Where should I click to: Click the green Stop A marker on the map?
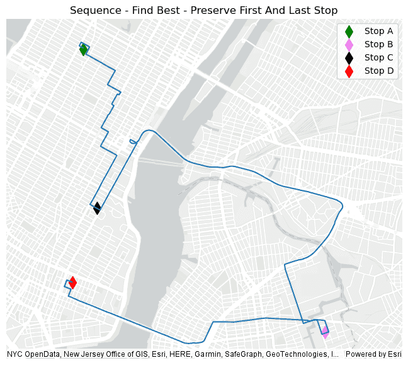[83, 50]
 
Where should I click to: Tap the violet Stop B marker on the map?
[325, 332]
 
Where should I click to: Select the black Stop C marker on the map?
[97, 208]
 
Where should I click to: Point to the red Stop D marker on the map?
[72, 282]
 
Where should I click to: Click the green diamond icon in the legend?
[349, 31]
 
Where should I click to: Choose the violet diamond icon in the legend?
[349, 44]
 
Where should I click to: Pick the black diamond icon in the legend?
[349, 57]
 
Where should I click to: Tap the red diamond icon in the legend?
[349, 71]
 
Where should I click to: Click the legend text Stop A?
[378, 31]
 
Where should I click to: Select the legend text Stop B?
[378, 44]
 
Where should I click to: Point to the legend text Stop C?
[378, 57]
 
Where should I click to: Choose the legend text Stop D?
[378, 71]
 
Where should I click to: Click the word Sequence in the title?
[92, 11]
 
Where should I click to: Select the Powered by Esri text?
[373, 354]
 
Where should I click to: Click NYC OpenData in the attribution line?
[29, 354]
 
